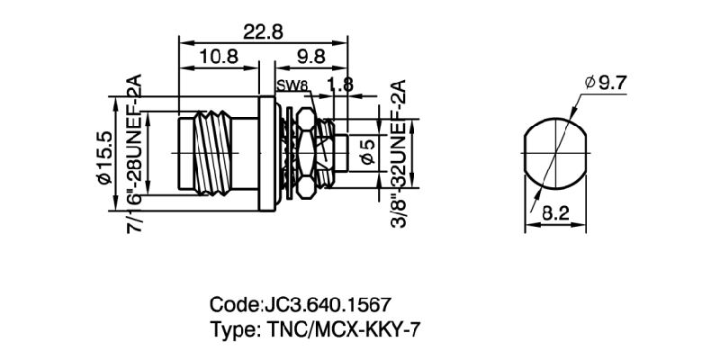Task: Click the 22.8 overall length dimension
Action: (x=263, y=31)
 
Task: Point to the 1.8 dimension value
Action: (x=341, y=85)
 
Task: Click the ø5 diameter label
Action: (x=367, y=154)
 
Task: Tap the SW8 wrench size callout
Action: (x=293, y=86)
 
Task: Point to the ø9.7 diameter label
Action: (x=605, y=84)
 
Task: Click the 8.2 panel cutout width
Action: (x=560, y=213)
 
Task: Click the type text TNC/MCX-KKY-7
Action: (x=339, y=328)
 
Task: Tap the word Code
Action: (x=231, y=304)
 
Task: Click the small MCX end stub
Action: (x=342, y=153)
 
